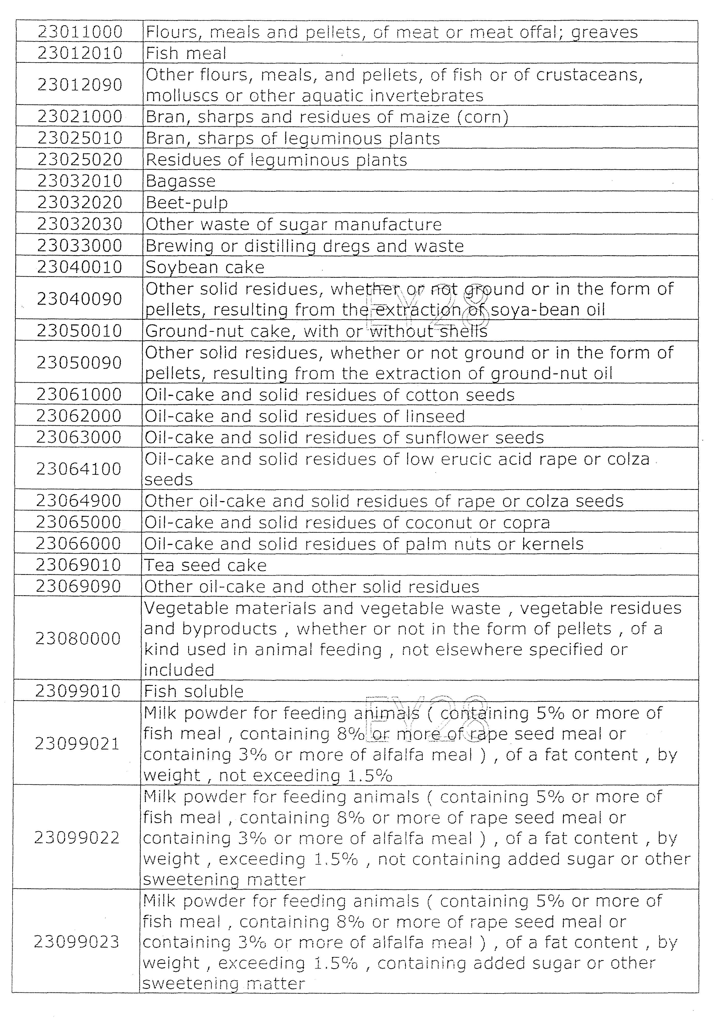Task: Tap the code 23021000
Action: tap(80, 117)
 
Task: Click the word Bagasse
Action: tap(181, 181)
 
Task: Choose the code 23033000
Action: tap(80, 246)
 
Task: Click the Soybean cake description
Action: tap(205, 267)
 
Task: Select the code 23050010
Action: tap(79, 331)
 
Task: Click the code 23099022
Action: tap(77, 838)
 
